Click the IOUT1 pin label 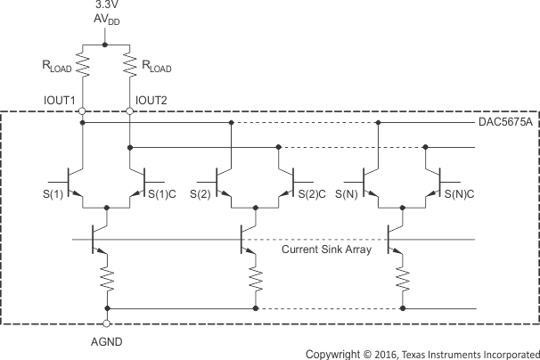[x=60, y=99]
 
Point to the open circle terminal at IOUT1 [x=83, y=112]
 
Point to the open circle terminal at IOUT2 [x=130, y=112]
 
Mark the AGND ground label [x=107, y=341]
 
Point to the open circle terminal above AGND [x=107, y=323]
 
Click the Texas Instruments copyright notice [x=422, y=353]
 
